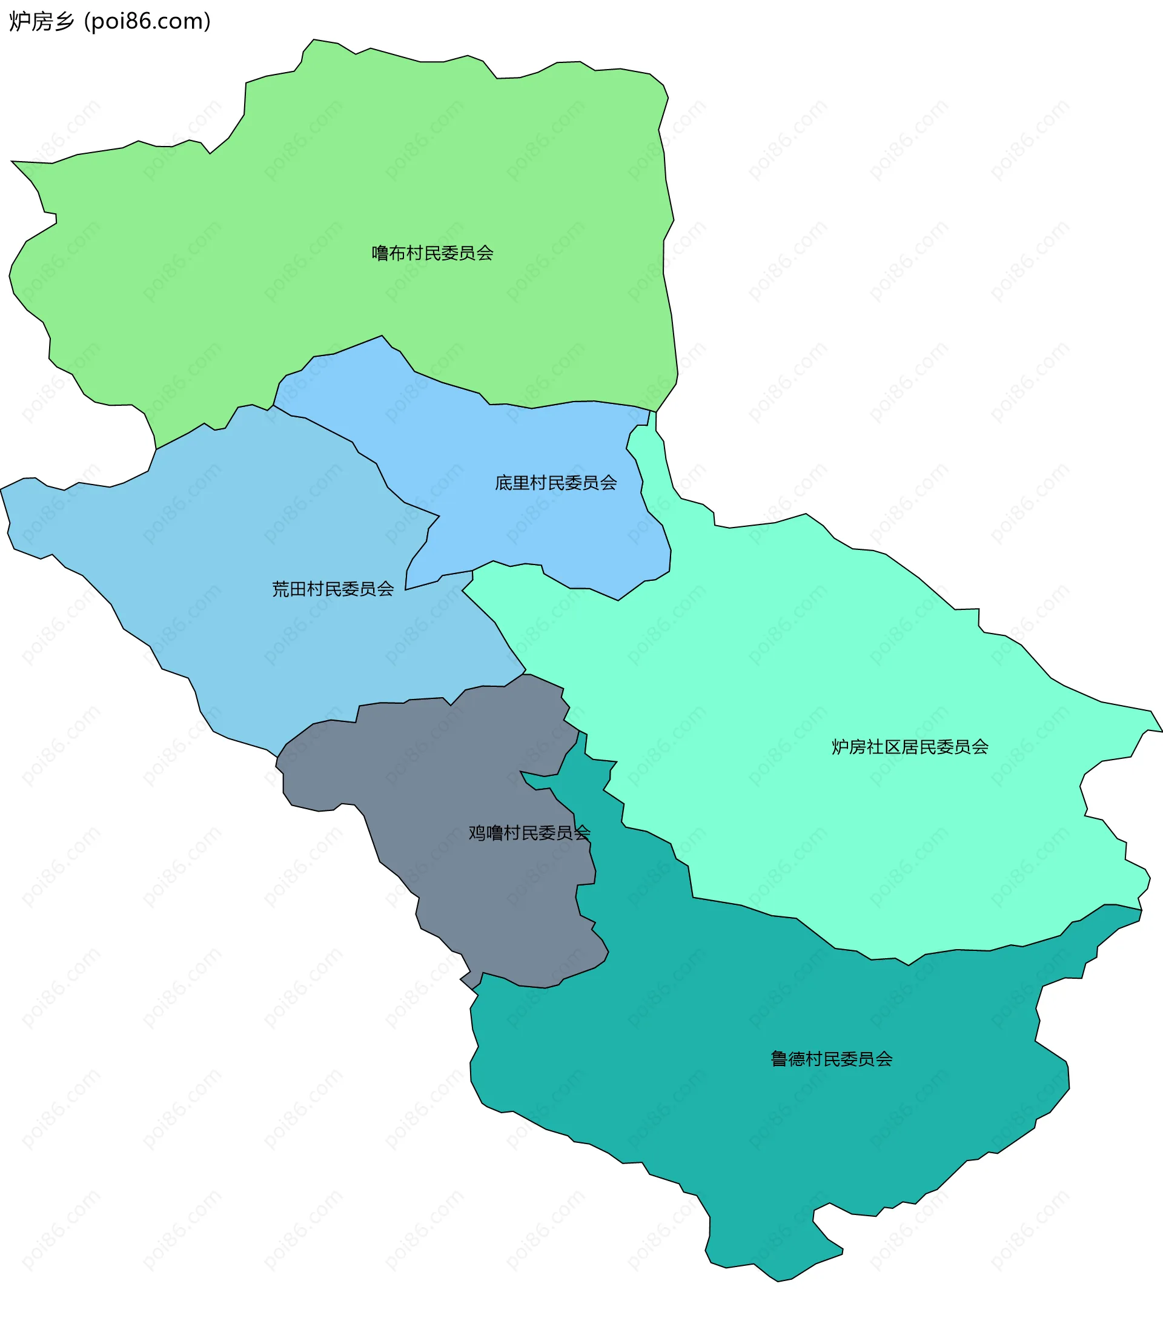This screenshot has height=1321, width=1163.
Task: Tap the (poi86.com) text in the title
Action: point(147,21)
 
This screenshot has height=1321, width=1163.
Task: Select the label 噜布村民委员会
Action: point(432,253)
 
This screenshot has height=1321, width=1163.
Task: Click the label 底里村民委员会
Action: point(555,483)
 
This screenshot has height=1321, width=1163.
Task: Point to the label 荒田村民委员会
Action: point(333,589)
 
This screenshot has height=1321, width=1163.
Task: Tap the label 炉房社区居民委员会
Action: point(910,747)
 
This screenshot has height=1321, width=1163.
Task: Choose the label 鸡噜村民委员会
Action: point(529,833)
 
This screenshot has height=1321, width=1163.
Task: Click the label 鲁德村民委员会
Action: point(830,1059)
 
